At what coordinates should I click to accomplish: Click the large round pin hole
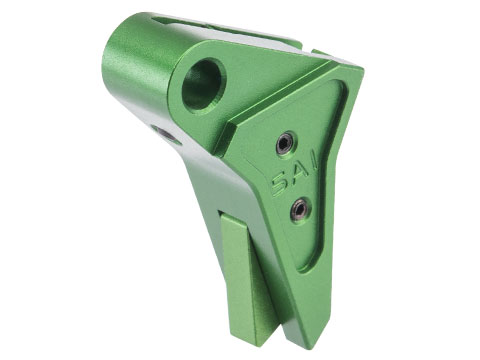point(203,87)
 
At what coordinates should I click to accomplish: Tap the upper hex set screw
point(286,144)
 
